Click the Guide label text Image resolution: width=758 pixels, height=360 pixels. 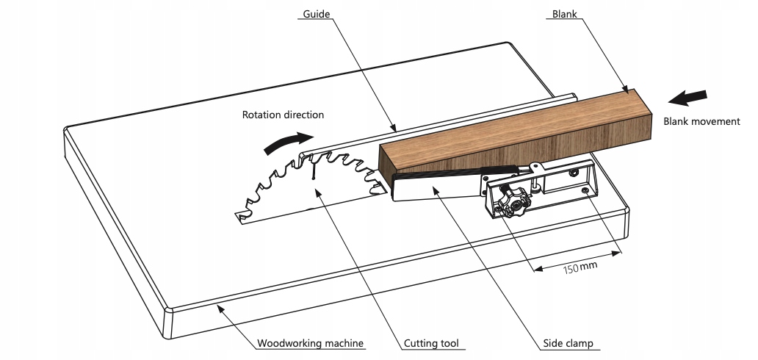click(x=316, y=14)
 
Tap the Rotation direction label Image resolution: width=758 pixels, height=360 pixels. click(x=283, y=115)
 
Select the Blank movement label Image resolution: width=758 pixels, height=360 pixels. click(x=701, y=121)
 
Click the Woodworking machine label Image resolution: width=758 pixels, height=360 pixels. click(x=311, y=343)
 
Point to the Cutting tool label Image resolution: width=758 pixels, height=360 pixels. click(x=431, y=343)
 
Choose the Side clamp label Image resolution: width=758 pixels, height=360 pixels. click(x=568, y=343)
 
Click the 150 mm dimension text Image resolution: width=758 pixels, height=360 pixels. click(x=580, y=266)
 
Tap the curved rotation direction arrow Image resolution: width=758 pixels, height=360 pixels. click(x=286, y=141)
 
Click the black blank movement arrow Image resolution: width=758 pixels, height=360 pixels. click(x=690, y=98)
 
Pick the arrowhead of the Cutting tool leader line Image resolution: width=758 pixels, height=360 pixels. click(x=317, y=190)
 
